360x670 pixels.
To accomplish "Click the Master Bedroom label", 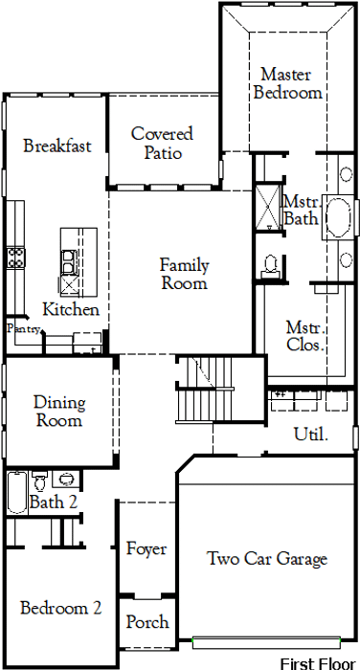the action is [287, 83].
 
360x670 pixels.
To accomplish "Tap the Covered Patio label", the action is [162, 143].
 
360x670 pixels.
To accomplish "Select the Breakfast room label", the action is [57, 145].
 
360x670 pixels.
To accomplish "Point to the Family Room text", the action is [184, 274].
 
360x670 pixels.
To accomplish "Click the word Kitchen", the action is [71, 309].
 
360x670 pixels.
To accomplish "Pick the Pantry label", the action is [24, 328].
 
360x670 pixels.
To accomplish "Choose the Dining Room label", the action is [59, 411].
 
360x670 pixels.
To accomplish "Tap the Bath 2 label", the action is [54, 502].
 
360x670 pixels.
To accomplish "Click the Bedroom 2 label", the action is [61, 608].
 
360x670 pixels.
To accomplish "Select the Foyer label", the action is [146, 548].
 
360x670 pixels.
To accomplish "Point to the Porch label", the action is [147, 622].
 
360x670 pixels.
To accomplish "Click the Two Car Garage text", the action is [267, 558].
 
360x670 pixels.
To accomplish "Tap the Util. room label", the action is [311, 435].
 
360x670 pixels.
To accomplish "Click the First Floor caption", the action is [318, 663].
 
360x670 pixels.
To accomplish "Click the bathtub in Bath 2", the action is [17, 492].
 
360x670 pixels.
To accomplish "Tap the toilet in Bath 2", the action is [40, 480].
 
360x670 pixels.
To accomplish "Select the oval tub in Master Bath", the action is [340, 216].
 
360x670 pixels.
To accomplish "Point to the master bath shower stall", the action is [268, 208].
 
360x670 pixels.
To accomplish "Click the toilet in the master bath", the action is [270, 266].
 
